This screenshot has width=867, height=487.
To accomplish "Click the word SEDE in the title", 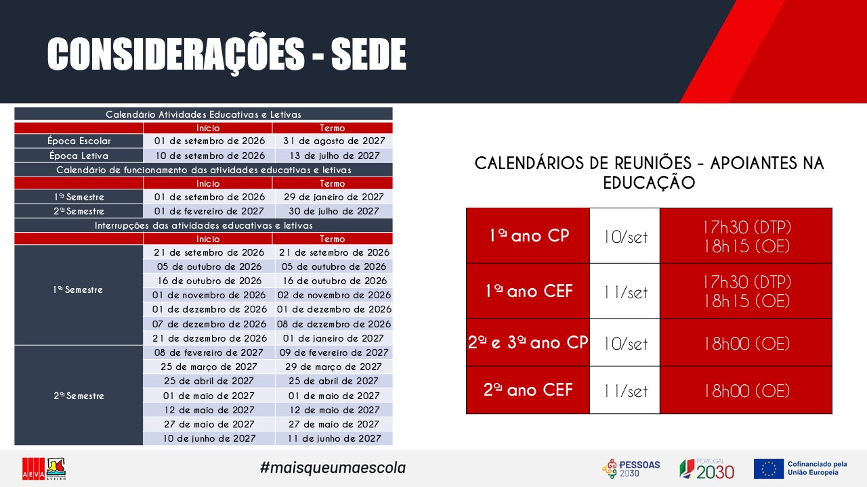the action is click(368, 54).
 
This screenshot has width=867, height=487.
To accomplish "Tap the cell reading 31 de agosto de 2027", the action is click(334, 141).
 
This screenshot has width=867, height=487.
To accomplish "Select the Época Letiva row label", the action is click(79, 156).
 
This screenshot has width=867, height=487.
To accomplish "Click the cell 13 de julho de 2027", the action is click(334, 156).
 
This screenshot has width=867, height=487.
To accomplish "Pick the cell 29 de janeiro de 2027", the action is click(334, 197).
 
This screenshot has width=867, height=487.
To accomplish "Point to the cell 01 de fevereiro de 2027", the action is click(209, 212).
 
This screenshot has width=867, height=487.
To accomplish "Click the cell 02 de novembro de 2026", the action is click(334, 296).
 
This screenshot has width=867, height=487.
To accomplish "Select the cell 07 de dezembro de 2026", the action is click(209, 324).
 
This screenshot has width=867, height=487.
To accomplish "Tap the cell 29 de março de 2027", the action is click(333, 367).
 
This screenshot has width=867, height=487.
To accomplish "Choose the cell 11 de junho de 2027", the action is click(334, 438).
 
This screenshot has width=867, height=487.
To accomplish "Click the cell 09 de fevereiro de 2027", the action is click(334, 352).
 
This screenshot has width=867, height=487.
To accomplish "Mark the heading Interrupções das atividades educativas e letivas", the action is click(204, 226).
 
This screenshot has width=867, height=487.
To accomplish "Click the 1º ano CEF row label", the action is click(529, 291).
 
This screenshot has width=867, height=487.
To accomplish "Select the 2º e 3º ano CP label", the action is click(528, 342).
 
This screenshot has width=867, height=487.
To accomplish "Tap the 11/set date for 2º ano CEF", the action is click(625, 391).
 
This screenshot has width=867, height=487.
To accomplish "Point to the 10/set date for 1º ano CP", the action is click(625, 237).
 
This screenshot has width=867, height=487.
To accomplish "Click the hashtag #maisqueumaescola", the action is click(333, 468).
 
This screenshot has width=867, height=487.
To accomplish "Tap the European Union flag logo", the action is click(769, 469).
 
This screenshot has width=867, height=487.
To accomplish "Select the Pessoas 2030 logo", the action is click(631, 469).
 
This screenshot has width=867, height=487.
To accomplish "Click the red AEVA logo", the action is click(34, 469).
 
